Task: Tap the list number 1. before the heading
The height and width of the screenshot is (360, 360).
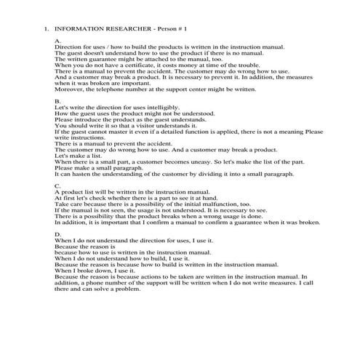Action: [x=46, y=30]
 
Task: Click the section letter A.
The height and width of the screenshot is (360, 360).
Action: [x=57, y=41]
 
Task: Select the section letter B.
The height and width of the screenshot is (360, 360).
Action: [x=57, y=101]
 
